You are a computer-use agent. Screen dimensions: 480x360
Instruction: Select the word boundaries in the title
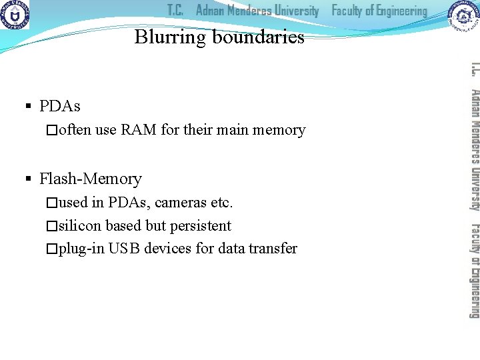(x=259, y=37)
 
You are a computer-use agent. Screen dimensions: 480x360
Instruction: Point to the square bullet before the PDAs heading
(x=28, y=106)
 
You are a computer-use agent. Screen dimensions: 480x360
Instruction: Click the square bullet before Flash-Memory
(x=28, y=179)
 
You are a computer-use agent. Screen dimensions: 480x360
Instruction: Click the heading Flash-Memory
(x=91, y=179)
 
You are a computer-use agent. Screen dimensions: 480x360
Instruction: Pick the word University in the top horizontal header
(x=291, y=11)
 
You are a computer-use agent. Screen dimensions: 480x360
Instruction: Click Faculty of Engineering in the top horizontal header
(x=379, y=11)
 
